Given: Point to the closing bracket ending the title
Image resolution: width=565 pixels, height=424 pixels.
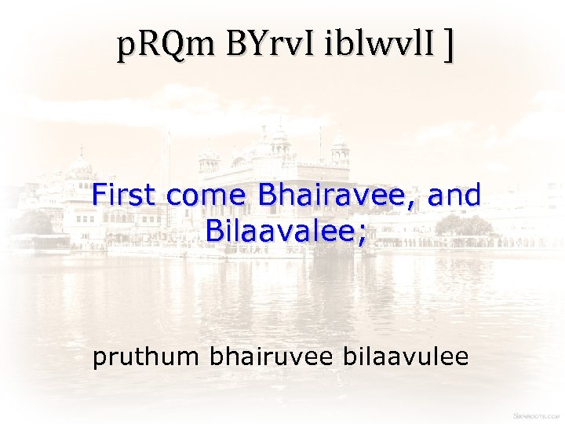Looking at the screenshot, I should [x=448, y=47].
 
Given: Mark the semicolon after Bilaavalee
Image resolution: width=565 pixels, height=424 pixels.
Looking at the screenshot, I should [x=361, y=233].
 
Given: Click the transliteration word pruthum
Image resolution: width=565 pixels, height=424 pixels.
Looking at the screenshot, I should [x=147, y=358].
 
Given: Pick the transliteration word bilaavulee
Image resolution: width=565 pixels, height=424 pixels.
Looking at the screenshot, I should [x=406, y=357].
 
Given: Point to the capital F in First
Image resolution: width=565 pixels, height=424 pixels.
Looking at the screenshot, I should [x=99, y=195].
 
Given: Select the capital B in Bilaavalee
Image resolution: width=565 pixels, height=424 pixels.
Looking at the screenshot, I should [x=213, y=229].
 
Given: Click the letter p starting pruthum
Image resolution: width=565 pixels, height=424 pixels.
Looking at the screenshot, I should [x=99, y=360].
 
